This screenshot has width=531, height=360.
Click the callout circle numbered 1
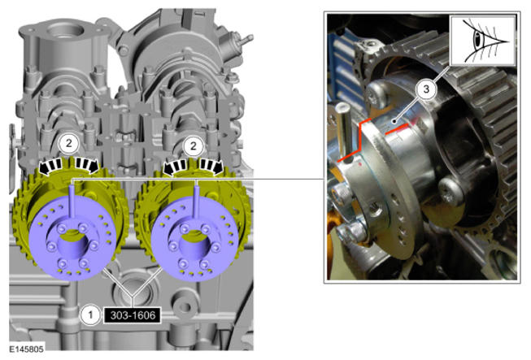(x=90, y=315)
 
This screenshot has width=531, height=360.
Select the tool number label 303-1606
(x=133, y=315)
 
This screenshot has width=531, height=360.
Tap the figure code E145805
(x=26, y=349)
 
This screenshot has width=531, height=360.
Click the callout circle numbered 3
(x=426, y=89)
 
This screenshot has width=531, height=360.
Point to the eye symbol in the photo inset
(x=483, y=41)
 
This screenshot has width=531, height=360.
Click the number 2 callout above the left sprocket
(x=69, y=144)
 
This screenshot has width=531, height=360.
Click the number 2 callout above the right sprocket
(x=193, y=145)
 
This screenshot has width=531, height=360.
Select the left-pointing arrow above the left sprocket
(x=51, y=166)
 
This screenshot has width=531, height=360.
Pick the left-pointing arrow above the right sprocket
(x=175, y=167)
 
